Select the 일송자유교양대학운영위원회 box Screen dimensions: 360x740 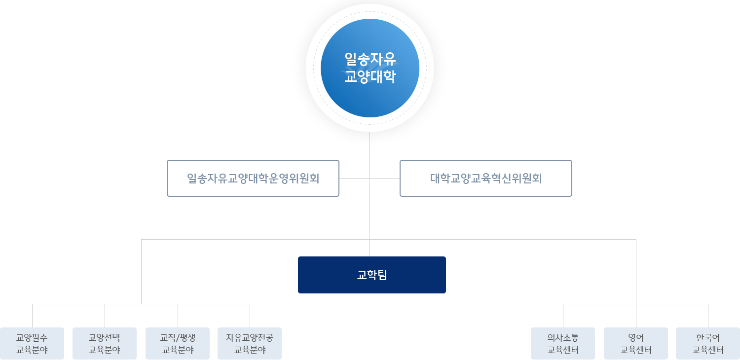(253, 178)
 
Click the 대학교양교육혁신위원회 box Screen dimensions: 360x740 (485, 178)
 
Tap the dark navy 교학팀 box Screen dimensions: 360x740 (371, 275)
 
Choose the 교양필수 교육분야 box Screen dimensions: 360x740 (32, 344)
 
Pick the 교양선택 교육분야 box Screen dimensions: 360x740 (105, 344)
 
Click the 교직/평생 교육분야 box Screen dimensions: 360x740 (178, 344)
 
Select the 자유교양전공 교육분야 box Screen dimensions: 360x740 (250, 344)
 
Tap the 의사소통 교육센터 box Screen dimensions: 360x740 (563, 344)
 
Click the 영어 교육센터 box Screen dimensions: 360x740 (635, 344)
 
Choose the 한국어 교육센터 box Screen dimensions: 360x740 (708, 344)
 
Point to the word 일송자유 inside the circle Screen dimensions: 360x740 (370, 59)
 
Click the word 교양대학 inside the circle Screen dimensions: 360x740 (370, 77)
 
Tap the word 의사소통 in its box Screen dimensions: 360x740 (563, 338)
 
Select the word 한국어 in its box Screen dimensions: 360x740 (708, 338)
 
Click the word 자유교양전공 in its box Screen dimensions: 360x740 (250, 338)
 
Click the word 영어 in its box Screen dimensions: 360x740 (635, 338)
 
